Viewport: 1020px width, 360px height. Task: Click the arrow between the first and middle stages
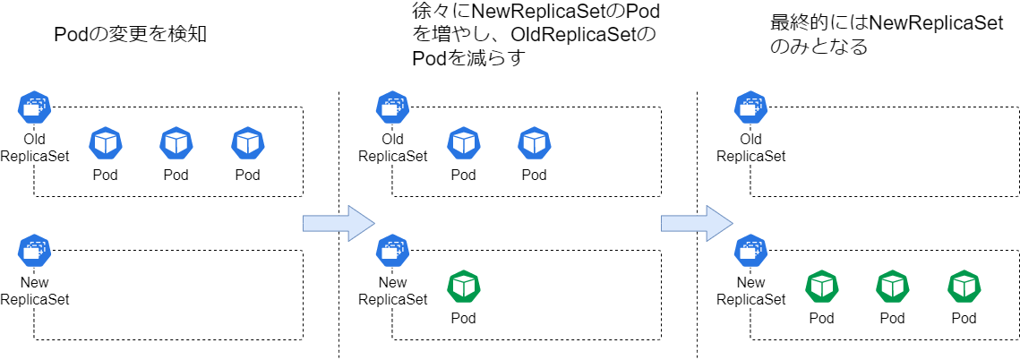pos(338,223)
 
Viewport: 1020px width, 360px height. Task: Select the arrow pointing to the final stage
pos(696,223)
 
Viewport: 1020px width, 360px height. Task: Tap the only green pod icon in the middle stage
pos(463,287)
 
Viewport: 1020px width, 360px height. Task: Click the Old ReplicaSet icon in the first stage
pos(34,107)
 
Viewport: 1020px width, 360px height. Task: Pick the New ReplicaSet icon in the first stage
pos(34,251)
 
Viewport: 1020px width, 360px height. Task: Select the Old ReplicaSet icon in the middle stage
pos(392,107)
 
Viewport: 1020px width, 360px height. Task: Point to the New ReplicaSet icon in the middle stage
pos(392,251)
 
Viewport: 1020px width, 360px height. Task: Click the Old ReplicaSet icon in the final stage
pos(750,107)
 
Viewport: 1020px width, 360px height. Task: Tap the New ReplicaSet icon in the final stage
pos(750,251)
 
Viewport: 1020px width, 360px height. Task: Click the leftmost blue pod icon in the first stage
pos(106,143)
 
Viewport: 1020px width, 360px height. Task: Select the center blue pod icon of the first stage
pos(176,143)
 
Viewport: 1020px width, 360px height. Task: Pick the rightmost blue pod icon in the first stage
pos(248,143)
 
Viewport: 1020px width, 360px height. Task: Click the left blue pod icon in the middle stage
pos(463,143)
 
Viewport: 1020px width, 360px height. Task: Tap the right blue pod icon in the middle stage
pos(535,143)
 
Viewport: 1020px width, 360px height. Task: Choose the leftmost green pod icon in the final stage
pos(821,287)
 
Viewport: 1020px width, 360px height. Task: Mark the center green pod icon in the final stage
pos(893,287)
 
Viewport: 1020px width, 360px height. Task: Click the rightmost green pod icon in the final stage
pos(964,287)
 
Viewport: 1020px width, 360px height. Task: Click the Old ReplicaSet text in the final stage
pos(750,148)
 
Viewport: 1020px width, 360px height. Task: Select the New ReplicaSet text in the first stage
pos(34,291)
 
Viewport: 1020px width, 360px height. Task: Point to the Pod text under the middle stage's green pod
pos(463,318)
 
